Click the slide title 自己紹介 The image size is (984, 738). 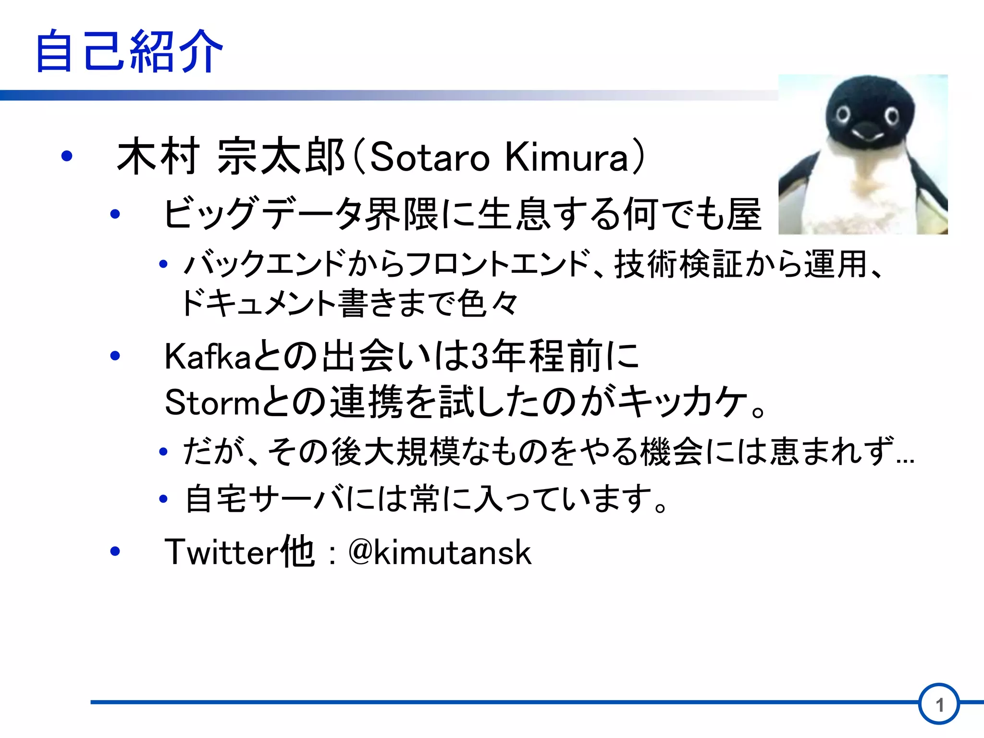(129, 51)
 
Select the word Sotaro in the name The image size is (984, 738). (429, 158)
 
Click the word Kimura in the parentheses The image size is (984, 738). (567, 158)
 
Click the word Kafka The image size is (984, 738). (208, 357)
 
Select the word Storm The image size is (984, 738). (212, 403)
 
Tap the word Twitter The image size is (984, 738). (221, 552)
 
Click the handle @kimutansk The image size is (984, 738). (440, 552)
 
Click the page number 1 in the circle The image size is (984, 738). (939, 705)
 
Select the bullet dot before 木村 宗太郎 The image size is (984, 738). (67, 156)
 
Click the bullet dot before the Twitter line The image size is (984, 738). (115, 551)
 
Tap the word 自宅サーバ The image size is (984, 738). (264, 499)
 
